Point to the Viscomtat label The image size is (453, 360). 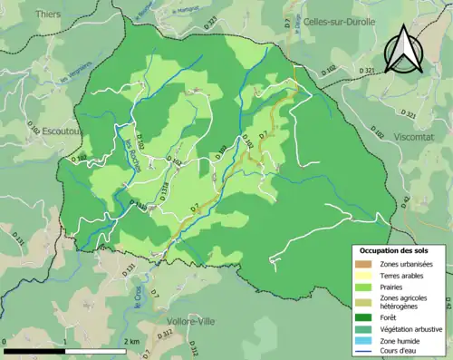(x=417, y=135)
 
